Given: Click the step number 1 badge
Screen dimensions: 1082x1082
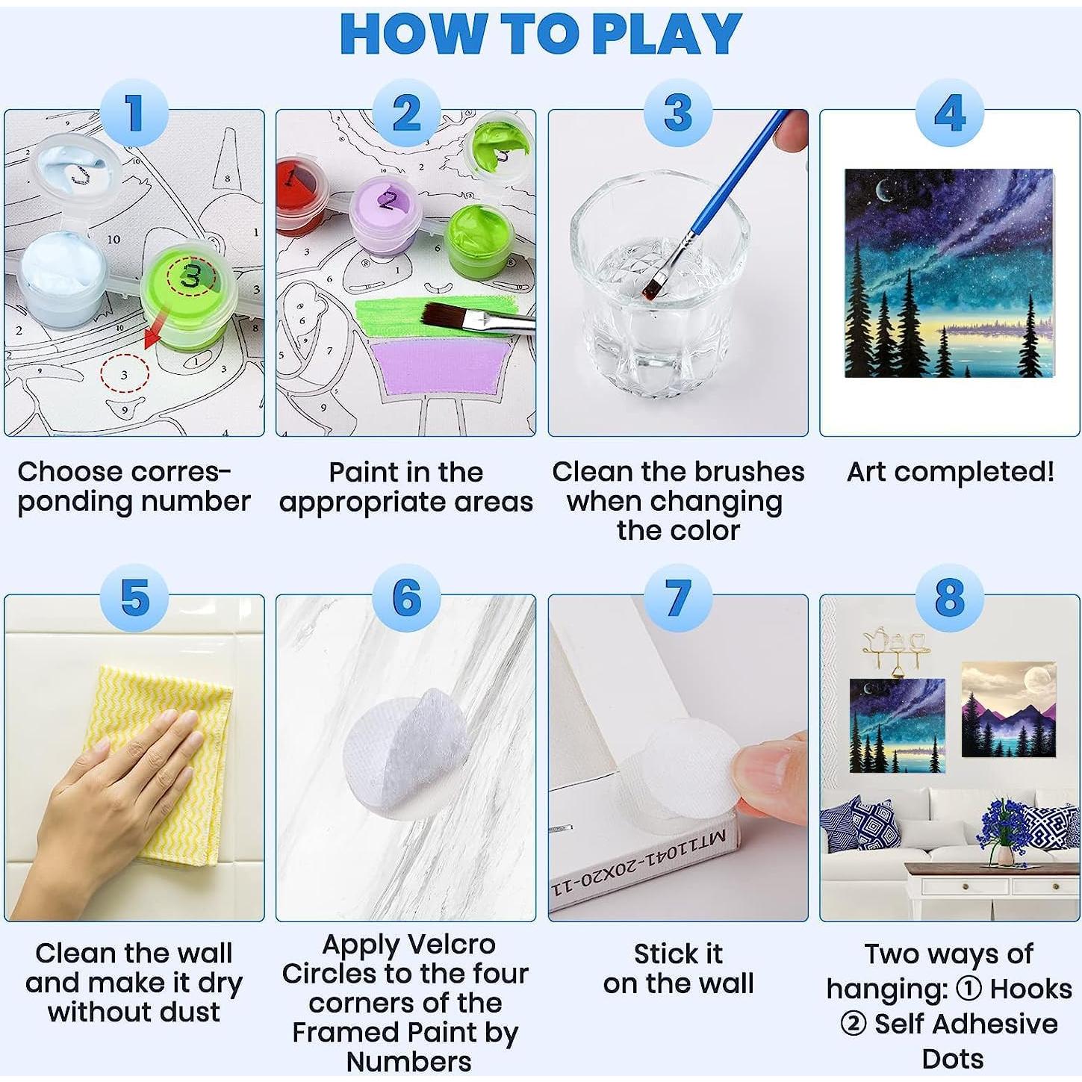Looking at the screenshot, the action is coord(134,113).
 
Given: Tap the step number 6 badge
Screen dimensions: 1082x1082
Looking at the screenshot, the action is coord(406,598).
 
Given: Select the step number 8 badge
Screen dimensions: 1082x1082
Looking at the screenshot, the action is coord(950,598).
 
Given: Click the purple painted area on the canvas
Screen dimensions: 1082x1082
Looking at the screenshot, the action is coord(441,369).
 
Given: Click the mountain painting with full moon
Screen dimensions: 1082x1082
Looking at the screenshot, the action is coord(1008,709).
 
